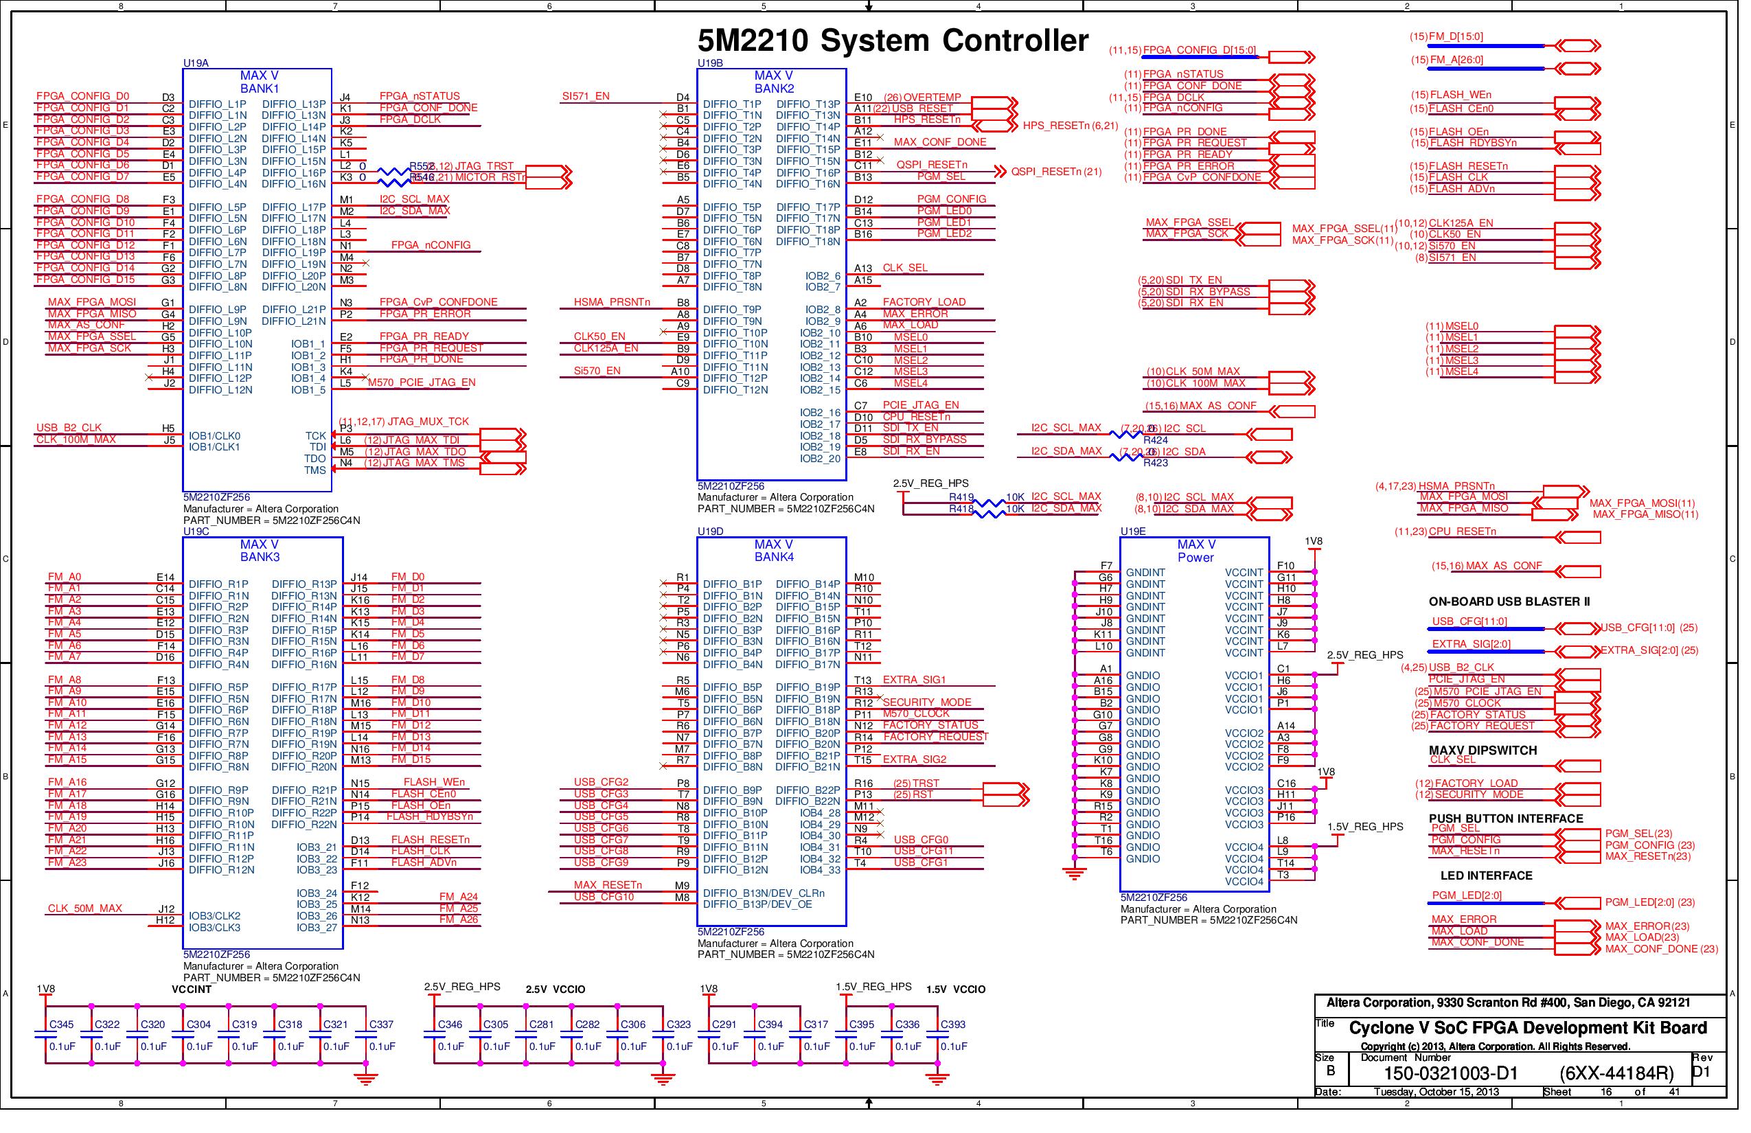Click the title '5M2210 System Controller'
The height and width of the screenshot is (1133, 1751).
tap(893, 41)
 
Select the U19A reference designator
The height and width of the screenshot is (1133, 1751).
tap(196, 63)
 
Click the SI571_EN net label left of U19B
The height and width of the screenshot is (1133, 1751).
tap(586, 96)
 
